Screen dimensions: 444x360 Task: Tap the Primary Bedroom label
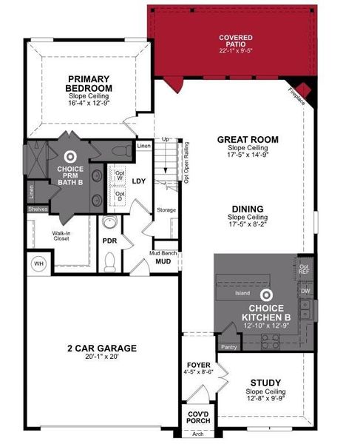point(89,83)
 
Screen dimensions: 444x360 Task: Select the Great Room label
point(248,139)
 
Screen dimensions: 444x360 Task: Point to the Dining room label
point(248,209)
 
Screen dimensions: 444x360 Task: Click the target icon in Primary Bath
point(71,156)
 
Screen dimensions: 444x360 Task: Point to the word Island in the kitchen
point(242,293)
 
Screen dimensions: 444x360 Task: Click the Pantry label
point(229,346)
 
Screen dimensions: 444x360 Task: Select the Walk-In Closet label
point(61,236)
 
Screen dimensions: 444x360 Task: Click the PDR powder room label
point(110,240)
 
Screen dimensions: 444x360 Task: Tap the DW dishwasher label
point(305,292)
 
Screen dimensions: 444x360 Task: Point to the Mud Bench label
point(163,252)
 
